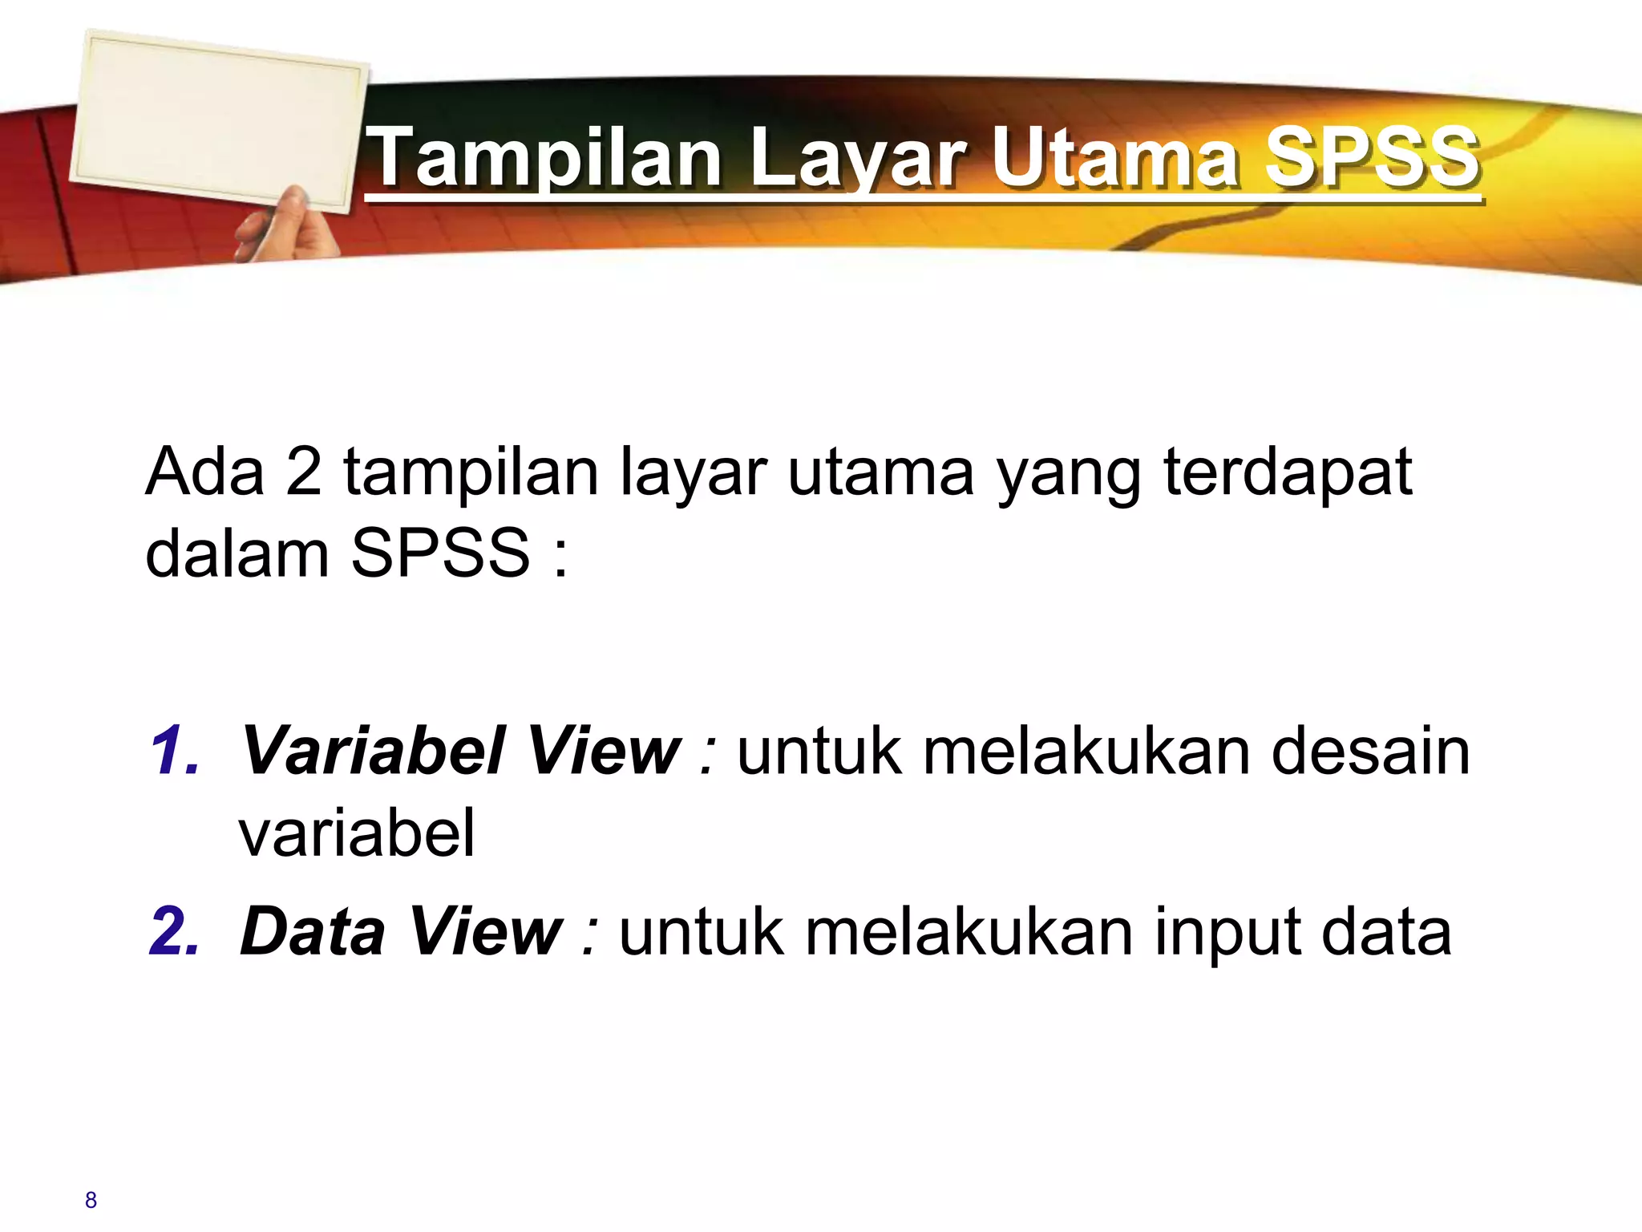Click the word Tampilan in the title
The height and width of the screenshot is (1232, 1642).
click(547, 158)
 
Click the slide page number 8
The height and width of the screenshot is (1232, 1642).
click(91, 1200)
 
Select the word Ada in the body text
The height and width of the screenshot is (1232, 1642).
click(204, 472)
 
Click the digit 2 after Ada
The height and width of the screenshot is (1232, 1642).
click(304, 472)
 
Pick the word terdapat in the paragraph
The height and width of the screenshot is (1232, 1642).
click(1288, 472)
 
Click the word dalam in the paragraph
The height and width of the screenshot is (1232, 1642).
click(237, 553)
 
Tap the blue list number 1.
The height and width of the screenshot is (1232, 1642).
click(174, 751)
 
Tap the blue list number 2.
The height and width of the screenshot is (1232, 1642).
click(174, 931)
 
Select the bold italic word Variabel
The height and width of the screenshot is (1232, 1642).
click(373, 751)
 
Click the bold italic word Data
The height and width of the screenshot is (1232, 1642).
click(313, 931)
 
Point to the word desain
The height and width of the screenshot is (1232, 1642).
click(1370, 751)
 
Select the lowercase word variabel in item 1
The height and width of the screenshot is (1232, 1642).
click(357, 833)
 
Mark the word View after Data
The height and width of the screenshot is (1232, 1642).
click(486, 931)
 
